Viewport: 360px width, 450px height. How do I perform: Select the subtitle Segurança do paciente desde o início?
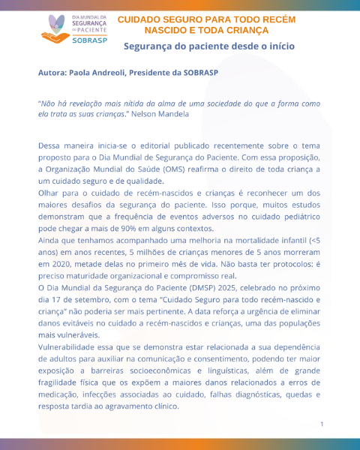coord(209,46)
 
